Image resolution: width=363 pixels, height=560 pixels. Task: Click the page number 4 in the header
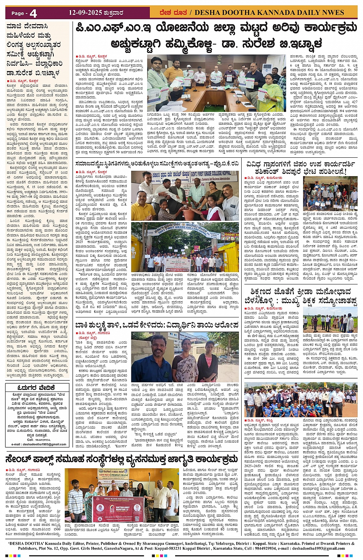tap(33, 13)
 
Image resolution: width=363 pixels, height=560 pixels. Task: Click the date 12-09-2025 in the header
tap(85, 13)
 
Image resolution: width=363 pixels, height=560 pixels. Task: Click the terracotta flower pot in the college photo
tap(189, 213)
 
